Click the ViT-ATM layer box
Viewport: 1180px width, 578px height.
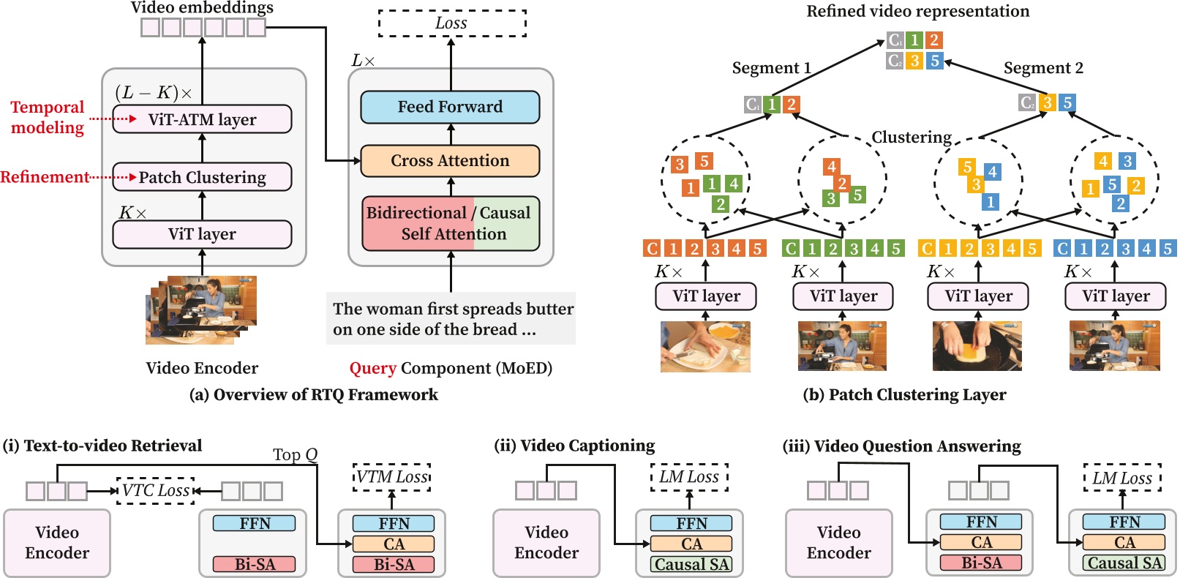coord(202,119)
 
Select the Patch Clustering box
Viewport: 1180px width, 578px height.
coord(202,177)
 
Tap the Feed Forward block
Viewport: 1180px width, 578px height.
coord(450,107)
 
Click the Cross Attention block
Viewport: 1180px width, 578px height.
coord(450,161)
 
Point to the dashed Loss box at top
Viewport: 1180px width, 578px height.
coord(451,23)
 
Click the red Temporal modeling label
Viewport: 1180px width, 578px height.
coord(48,117)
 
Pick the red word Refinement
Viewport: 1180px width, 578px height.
coord(45,177)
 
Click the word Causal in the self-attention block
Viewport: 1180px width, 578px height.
coord(505,213)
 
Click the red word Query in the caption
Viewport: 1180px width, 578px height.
coord(372,368)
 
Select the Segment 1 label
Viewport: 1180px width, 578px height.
coord(771,68)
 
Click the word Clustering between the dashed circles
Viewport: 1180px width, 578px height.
coord(911,138)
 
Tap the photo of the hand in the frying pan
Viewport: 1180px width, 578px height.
coord(977,346)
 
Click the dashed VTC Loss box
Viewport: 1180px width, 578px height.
coord(156,490)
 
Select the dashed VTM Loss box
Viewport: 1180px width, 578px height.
coord(392,477)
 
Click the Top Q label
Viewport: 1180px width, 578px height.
coord(295,455)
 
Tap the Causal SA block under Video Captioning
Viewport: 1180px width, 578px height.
coord(691,564)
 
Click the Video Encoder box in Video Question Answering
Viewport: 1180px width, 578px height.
coord(838,542)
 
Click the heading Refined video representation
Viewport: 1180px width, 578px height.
coord(917,11)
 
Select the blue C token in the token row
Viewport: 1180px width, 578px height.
coord(1063,249)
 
